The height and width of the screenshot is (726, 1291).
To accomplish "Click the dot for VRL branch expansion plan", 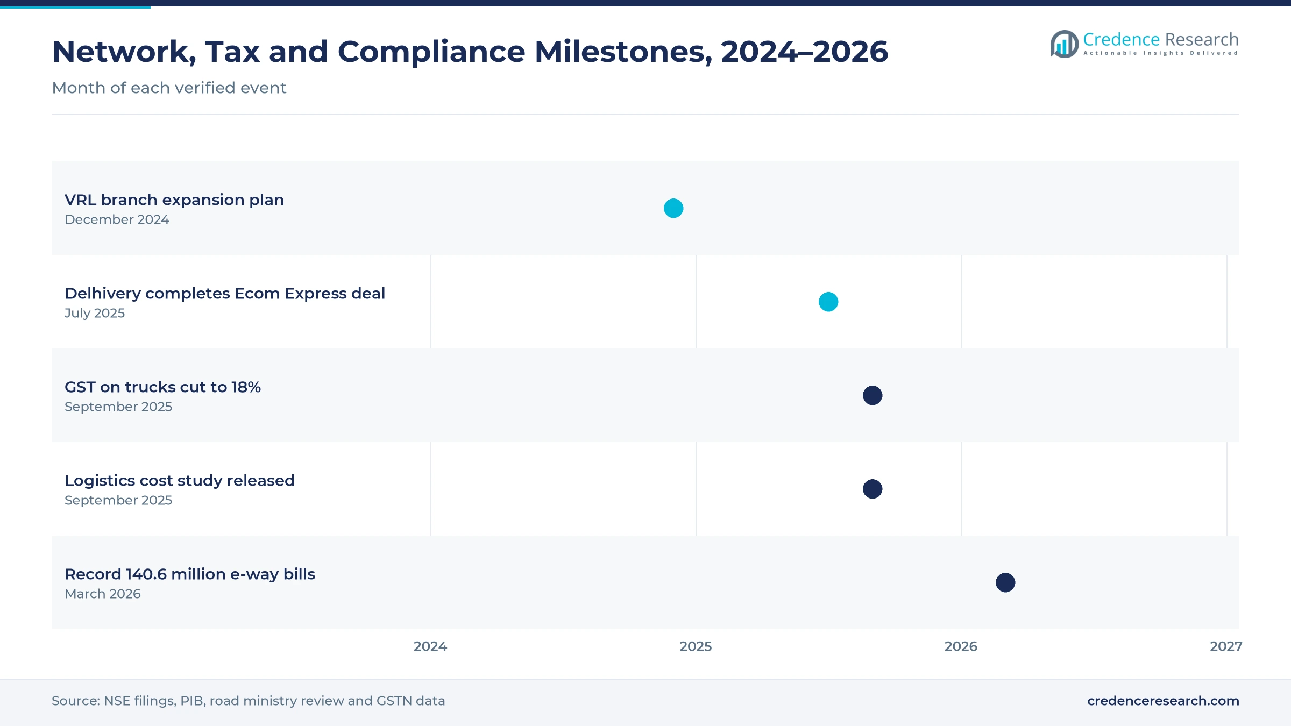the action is click(x=673, y=208).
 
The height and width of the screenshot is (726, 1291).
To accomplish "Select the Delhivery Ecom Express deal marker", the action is click(x=828, y=302).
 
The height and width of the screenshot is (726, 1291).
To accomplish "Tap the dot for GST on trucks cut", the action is click(x=873, y=395).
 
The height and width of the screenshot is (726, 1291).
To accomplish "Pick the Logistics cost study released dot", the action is click(x=873, y=489).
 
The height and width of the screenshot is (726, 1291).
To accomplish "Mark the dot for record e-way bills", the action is click(x=1005, y=582).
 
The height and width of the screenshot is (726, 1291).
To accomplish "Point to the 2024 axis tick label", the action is click(x=430, y=646).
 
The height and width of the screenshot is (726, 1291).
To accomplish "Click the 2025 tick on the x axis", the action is click(x=696, y=646).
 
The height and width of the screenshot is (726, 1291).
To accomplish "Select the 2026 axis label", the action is click(x=961, y=646).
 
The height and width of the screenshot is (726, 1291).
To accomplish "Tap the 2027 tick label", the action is click(x=1226, y=646).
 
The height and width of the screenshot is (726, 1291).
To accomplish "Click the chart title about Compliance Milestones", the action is click(x=470, y=52).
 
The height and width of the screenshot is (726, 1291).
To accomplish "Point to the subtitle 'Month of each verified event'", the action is click(x=169, y=88).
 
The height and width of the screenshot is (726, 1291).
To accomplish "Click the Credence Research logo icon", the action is click(x=1064, y=44).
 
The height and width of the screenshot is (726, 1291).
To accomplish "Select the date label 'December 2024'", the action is click(x=117, y=219).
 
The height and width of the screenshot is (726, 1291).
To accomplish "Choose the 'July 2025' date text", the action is click(x=95, y=313).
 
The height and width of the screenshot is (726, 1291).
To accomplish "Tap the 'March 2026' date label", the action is click(x=103, y=594).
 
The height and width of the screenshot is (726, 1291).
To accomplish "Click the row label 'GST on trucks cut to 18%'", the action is click(x=162, y=387).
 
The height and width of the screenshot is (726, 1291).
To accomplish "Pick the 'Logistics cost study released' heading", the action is click(x=180, y=481).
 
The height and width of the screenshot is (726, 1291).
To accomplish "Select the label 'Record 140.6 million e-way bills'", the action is click(x=190, y=574).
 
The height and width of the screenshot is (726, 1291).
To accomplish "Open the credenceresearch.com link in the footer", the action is click(x=1163, y=701).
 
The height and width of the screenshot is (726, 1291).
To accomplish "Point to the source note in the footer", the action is click(x=248, y=701).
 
